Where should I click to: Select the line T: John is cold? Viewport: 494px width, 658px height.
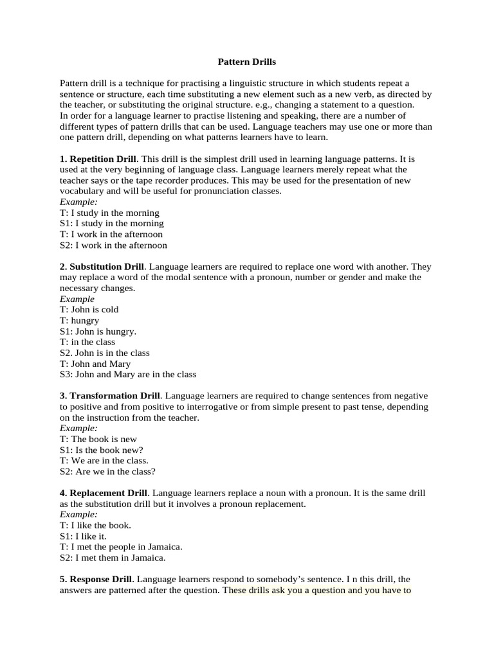click(89, 309)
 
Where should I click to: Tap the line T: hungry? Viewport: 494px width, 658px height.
click(80, 320)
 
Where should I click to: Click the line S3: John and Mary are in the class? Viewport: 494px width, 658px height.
click(128, 374)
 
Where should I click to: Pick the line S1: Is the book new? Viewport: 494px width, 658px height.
click(101, 450)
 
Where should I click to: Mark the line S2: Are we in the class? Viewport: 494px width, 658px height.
click(107, 471)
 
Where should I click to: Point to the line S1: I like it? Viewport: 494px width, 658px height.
click(84, 536)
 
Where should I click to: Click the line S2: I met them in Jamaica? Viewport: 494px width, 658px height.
click(113, 558)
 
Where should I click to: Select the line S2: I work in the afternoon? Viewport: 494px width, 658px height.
click(113, 245)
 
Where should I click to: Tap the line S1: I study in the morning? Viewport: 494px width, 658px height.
click(112, 223)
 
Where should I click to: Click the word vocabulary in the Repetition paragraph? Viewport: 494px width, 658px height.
click(84, 191)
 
